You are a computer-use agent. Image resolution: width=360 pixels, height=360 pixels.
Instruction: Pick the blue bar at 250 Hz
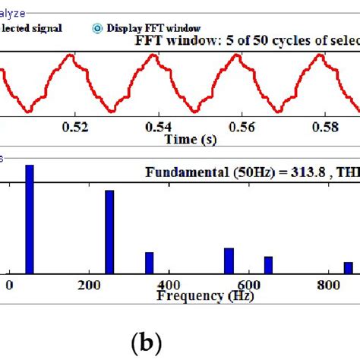click(x=109, y=231)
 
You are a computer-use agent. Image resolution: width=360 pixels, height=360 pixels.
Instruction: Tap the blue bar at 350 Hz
click(x=149, y=263)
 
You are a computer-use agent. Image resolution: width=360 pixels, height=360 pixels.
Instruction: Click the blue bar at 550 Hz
click(x=229, y=261)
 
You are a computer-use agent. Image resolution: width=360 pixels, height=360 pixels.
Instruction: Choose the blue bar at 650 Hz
click(x=268, y=264)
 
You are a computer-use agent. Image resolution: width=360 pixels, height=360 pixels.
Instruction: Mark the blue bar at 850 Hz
click(x=348, y=267)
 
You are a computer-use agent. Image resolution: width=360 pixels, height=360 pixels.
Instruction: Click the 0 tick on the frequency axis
click(x=9, y=285)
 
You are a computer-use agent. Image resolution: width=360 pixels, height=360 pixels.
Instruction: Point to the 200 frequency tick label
click(x=89, y=285)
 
